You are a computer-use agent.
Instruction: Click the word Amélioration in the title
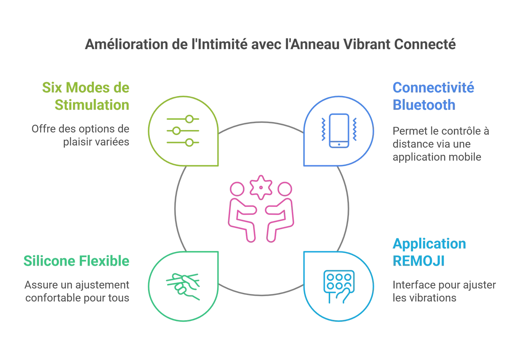(126, 44)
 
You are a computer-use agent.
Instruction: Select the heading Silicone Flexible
(77, 261)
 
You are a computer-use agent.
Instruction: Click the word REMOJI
(419, 261)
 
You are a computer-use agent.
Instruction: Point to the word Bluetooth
(424, 105)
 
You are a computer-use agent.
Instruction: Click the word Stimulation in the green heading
(92, 105)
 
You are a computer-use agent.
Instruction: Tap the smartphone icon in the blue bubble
(339, 131)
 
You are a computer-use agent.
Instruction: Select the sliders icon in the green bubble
(183, 131)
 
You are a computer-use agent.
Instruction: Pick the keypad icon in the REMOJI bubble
(339, 287)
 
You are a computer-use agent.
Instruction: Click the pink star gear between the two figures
(261, 187)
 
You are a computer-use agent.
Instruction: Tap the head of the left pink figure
(237, 189)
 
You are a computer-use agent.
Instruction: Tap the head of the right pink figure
(285, 189)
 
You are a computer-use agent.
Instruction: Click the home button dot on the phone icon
(339, 144)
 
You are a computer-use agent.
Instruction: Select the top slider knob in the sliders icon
(189, 119)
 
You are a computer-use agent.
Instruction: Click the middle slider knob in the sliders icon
(176, 131)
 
